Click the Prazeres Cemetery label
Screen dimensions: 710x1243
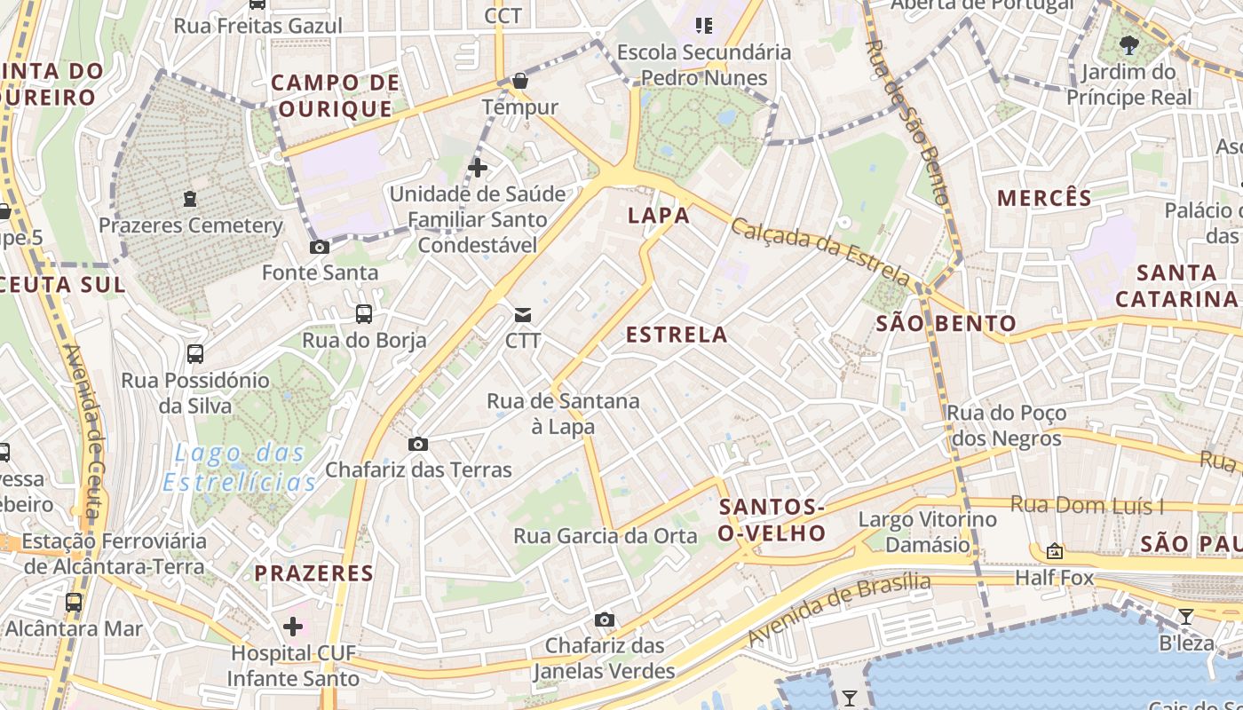tap(190, 225)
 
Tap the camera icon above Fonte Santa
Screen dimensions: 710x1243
tap(320, 247)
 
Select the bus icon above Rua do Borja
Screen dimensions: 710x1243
tap(363, 313)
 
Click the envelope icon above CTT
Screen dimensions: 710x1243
tap(523, 314)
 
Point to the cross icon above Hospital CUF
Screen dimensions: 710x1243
tap(293, 627)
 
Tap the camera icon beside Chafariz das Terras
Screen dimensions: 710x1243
tap(417, 444)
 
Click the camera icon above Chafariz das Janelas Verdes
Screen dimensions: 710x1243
tap(605, 619)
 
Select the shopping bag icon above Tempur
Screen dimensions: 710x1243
tap(520, 82)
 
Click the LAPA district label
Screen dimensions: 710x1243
tap(659, 216)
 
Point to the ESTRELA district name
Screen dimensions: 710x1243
tap(677, 335)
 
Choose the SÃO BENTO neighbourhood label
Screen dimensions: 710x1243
tap(946, 323)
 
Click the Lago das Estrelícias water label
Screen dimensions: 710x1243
tap(240, 469)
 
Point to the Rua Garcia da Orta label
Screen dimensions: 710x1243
tap(606, 536)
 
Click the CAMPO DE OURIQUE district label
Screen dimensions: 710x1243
tap(335, 96)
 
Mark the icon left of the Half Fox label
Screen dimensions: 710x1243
tap(1055, 551)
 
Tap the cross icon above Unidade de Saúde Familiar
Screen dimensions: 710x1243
tap(478, 167)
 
